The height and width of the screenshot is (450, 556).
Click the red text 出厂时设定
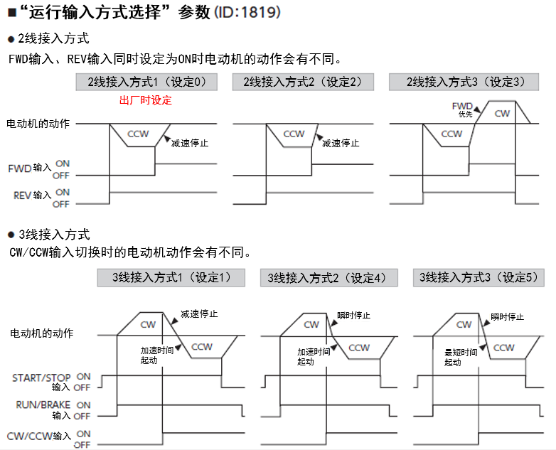pyautogui.click(x=146, y=100)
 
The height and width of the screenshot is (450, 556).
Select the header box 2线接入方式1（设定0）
pyautogui.click(x=146, y=82)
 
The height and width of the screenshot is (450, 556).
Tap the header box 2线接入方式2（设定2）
pyautogui.click(x=303, y=82)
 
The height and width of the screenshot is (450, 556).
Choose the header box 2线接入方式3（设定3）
pyautogui.click(x=466, y=82)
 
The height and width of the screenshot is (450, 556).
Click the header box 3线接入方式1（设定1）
pyautogui.click(x=173, y=277)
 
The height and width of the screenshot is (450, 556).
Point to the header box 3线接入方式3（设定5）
pyautogui.click(x=479, y=277)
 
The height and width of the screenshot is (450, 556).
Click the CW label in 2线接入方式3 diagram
pyautogui.click(x=502, y=113)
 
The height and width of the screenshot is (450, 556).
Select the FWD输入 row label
pyautogui.click(x=30, y=168)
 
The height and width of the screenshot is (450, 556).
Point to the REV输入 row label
pyautogui.click(x=32, y=195)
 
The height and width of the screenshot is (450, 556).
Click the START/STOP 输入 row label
pyautogui.click(x=42, y=382)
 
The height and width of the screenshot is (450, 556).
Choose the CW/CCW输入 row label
pyautogui.click(x=38, y=436)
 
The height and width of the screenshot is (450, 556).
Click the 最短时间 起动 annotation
pyautogui.click(x=460, y=357)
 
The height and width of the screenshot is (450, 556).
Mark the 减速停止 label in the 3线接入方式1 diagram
pyautogui.click(x=199, y=314)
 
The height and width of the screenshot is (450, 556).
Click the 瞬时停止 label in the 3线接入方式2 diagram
pyautogui.click(x=353, y=315)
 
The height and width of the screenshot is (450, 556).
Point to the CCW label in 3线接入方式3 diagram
pyautogui.click(x=503, y=347)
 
